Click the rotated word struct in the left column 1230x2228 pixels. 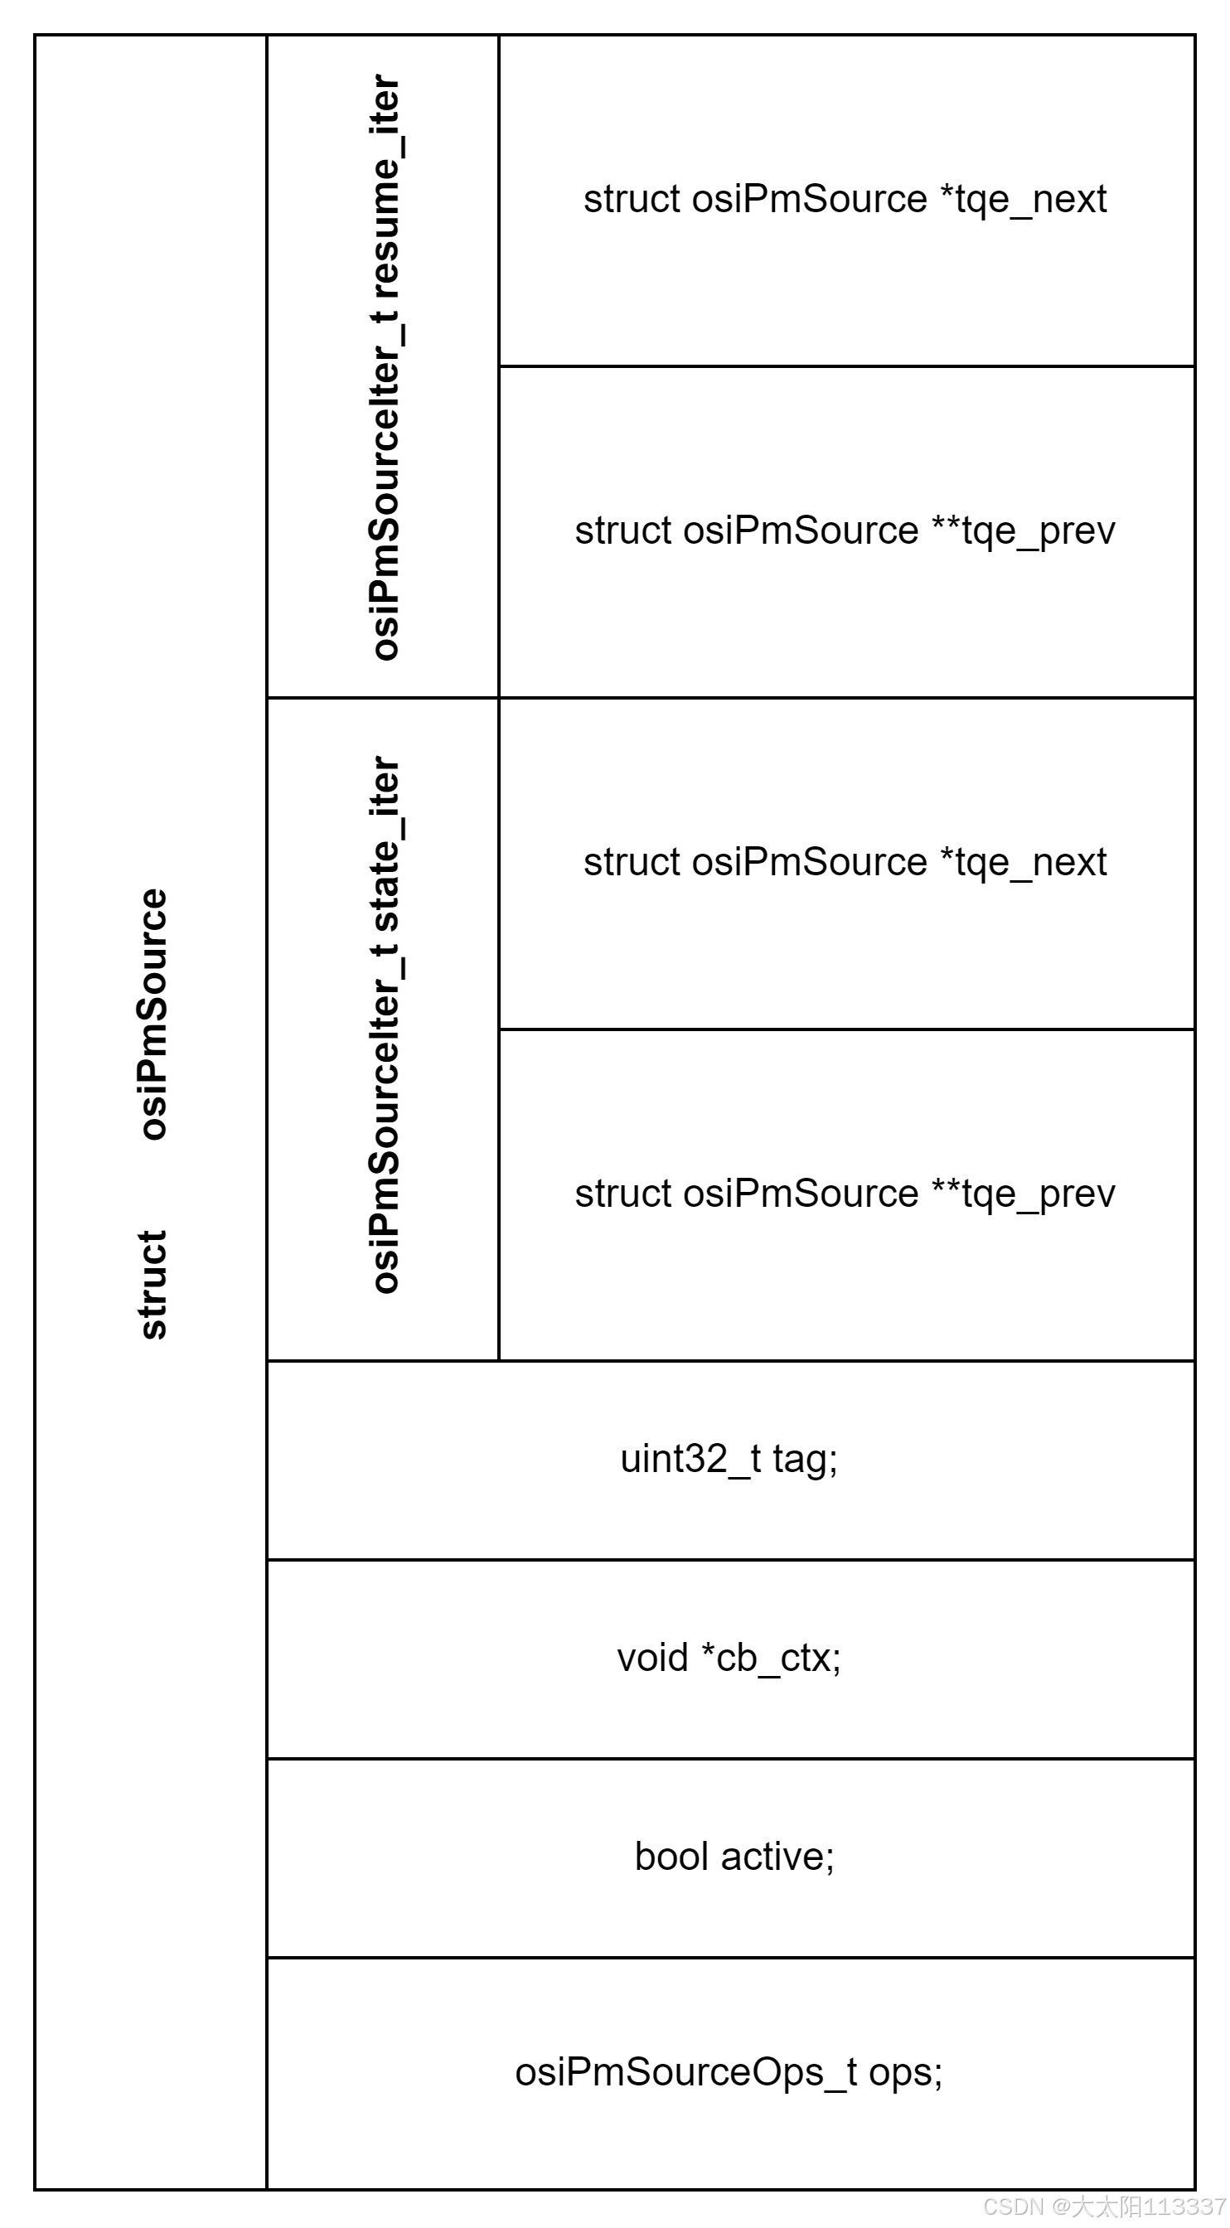[153, 1285]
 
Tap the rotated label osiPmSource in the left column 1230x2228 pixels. [153, 1014]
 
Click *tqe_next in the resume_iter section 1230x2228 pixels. [1024, 200]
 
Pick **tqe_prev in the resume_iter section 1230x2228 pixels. [1024, 531]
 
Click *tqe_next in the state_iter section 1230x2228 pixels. [1024, 862]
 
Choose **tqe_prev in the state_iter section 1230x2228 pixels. [1024, 1194]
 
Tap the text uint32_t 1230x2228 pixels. [690, 1460]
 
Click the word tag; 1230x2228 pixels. [806, 1460]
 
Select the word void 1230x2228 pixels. [652, 1658]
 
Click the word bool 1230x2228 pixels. [671, 1857]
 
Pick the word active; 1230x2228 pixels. [777, 1857]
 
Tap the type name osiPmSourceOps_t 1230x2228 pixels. [685, 2072]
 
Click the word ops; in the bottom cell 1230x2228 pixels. [906, 2072]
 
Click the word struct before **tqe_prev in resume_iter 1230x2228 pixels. [623, 531]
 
